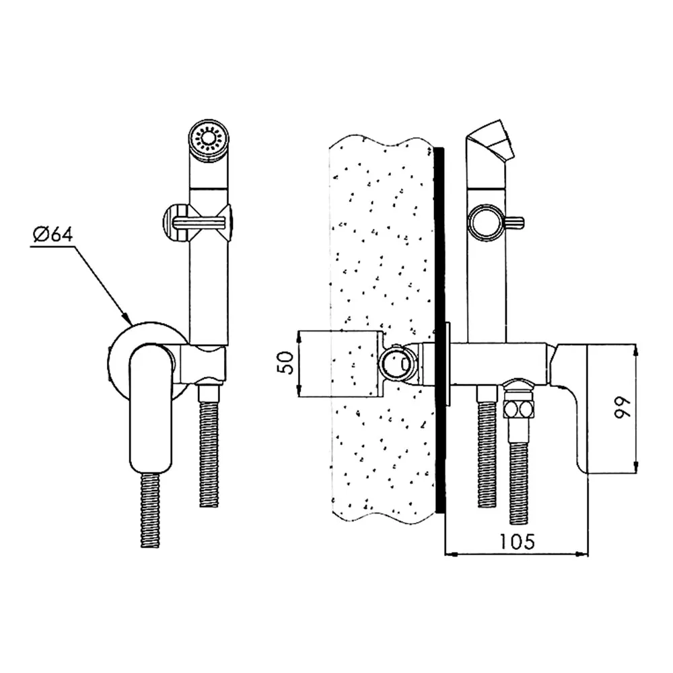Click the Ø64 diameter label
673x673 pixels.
click(52, 235)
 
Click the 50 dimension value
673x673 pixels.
click(287, 363)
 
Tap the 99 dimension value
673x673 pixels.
click(623, 407)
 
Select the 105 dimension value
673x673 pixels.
click(517, 541)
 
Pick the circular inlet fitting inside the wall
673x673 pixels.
click(396, 363)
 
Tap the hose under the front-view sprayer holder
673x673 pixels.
click(210, 447)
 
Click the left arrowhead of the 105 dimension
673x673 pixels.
click(452, 555)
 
